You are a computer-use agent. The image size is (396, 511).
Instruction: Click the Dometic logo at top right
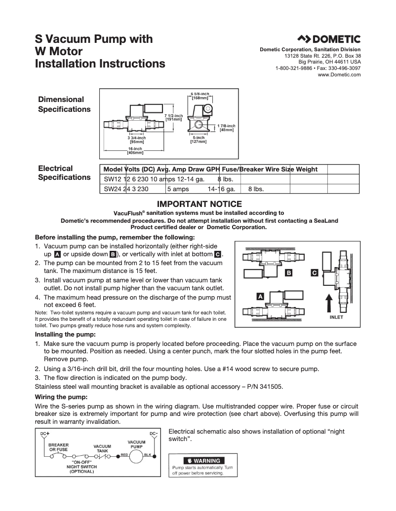pos(328,39)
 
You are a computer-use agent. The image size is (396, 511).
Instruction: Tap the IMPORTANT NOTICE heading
pos(199,204)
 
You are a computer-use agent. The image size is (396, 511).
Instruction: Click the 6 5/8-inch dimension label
pos(199,96)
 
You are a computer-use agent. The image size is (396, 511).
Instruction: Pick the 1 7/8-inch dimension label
pos(226,128)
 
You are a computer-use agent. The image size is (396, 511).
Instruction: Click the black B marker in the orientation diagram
pos(289,272)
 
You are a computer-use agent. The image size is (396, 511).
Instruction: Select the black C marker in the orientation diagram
pos(314,272)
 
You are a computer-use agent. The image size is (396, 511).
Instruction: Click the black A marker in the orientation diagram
pos(260,296)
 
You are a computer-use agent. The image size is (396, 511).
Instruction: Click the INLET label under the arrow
pos(336,317)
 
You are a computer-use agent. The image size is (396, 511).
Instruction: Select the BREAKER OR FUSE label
pos(58,447)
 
